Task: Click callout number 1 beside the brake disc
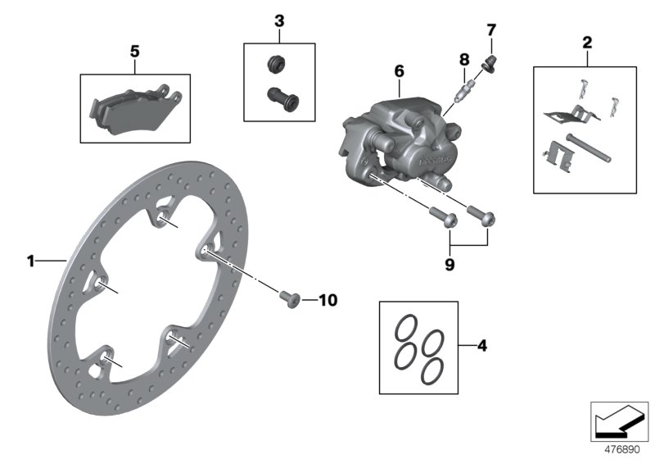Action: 30,261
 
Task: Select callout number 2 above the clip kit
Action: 586,41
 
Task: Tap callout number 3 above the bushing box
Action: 279,19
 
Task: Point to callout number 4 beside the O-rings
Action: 481,347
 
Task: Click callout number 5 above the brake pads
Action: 135,51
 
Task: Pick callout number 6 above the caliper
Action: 399,72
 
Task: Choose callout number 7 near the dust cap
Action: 491,31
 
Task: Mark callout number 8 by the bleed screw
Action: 463,59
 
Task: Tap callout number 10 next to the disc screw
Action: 327,301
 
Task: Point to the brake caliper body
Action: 393,143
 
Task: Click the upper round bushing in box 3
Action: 276,63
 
